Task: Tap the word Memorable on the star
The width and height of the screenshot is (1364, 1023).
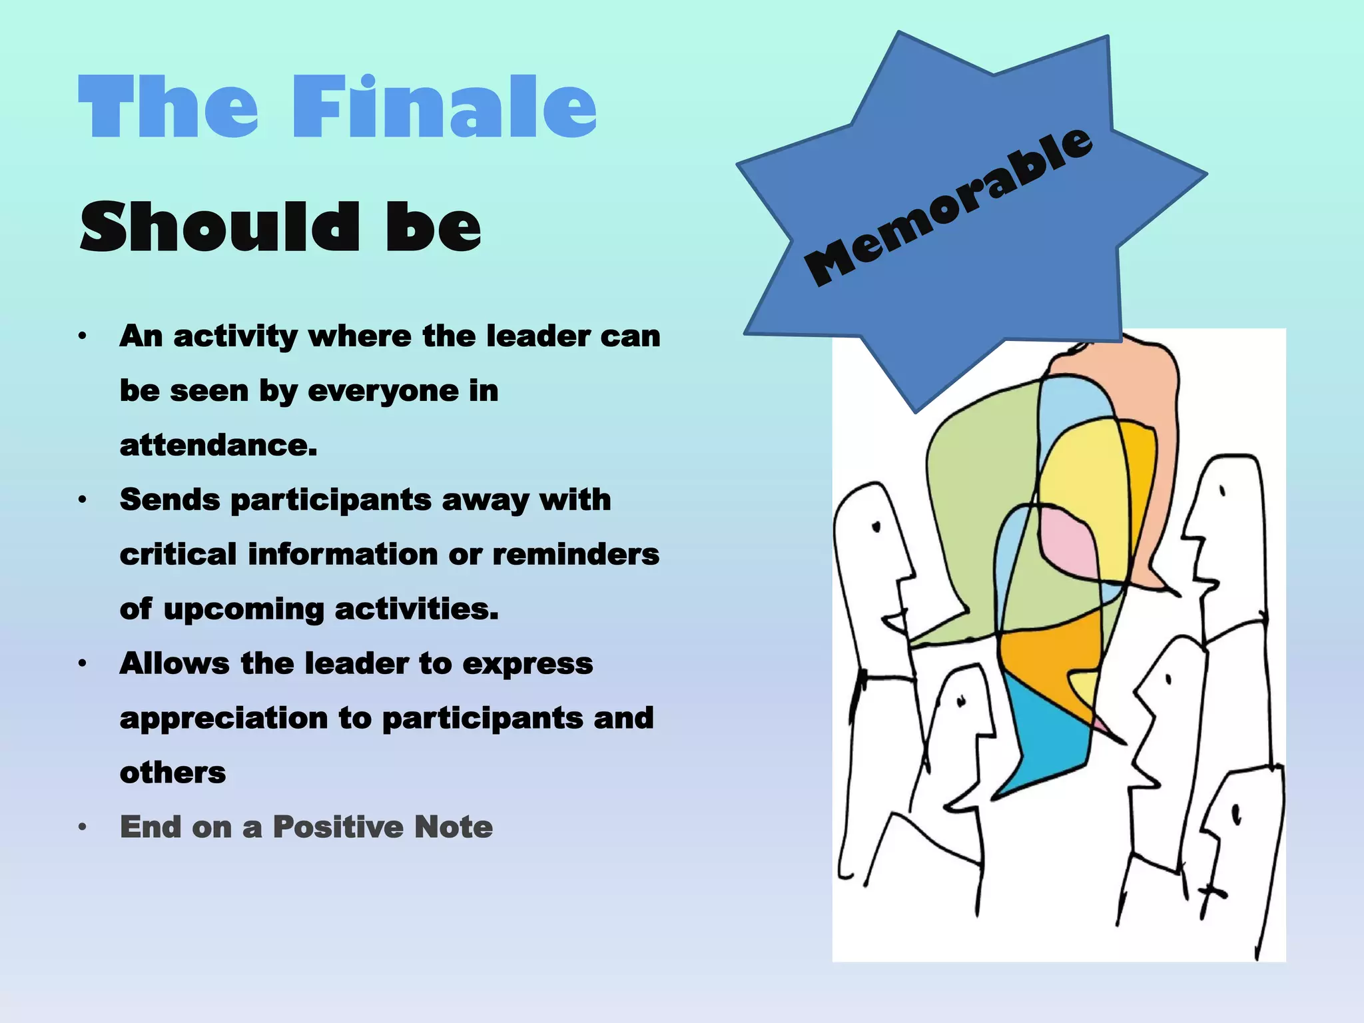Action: click(x=948, y=206)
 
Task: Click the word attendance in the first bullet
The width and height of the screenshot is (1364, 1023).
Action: click(x=218, y=445)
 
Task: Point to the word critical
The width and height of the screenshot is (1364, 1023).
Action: click(x=178, y=554)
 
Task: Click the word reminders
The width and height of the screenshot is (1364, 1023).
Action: click(x=575, y=554)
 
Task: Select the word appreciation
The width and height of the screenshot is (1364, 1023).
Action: click(x=224, y=718)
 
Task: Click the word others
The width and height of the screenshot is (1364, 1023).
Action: click(x=172, y=773)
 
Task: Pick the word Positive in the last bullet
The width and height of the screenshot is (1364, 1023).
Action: click(x=338, y=827)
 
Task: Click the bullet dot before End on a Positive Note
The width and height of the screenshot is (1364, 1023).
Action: click(x=83, y=827)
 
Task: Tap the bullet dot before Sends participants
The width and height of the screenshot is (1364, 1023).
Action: click(x=83, y=500)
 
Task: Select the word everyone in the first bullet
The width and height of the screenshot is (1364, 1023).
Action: click(x=383, y=391)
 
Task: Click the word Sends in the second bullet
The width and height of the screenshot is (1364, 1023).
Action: click(x=170, y=500)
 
